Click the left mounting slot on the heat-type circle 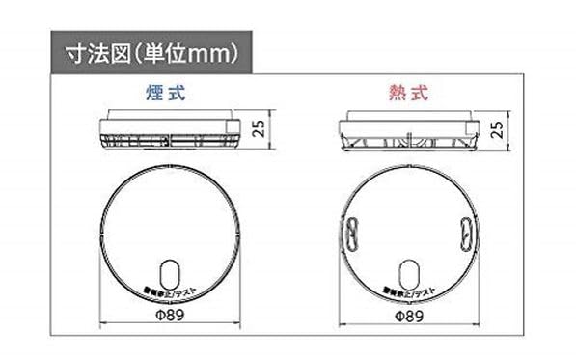(354, 233)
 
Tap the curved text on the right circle (410, 291)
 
